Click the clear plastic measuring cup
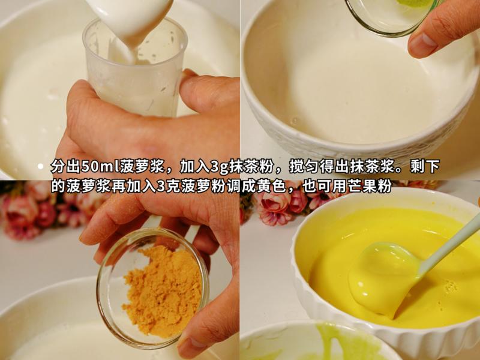click(141, 72)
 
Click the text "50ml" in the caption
click(99, 167)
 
